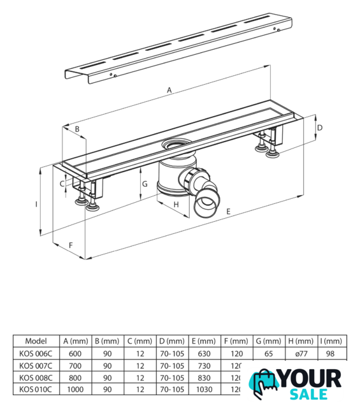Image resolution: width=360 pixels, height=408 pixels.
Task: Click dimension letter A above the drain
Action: click(169, 91)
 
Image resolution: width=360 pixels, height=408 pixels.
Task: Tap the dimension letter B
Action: click(77, 129)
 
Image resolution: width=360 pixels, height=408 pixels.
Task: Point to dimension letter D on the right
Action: click(320, 127)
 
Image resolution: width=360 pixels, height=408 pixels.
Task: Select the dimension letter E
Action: click(228, 211)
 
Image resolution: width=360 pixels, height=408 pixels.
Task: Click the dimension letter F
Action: click(71, 245)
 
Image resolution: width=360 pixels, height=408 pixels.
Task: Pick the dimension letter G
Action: click(145, 184)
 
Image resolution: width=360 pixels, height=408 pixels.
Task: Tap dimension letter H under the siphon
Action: click(176, 205)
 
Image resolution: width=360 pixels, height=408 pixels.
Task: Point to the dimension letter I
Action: click(36, 204)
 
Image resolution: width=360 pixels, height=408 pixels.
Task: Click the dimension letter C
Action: click(62, 184)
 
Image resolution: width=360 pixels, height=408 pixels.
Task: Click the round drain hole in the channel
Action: click(176, 143)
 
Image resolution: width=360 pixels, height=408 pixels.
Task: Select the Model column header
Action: click(36, 341)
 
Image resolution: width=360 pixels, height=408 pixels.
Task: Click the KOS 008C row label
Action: click(36, 377)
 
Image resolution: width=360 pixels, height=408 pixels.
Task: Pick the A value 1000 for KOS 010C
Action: click(75, 390)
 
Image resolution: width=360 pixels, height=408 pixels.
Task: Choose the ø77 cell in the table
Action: click(301, 354)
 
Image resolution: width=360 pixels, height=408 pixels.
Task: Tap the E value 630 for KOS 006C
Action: click(204, 354)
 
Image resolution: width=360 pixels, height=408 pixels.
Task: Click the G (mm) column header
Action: click(268, 341)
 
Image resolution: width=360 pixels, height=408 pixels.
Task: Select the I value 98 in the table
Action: click(330, 354)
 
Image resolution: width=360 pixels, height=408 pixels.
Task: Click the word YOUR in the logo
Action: click(310, 379)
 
